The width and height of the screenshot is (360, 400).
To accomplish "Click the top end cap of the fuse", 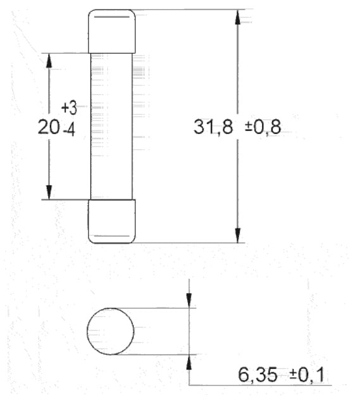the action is (111, 32).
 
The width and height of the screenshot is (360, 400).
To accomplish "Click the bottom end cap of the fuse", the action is (111, 221).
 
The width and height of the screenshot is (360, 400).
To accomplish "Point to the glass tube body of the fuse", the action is (111, 126).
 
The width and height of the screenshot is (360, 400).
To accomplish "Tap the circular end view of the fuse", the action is (110, 331).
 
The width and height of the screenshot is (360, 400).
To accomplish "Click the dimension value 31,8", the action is (213, 127).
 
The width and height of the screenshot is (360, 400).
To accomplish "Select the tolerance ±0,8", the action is (263, 127).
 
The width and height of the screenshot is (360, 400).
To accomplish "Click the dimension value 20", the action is (49, 127).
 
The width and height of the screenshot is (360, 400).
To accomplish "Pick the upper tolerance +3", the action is (69, 107).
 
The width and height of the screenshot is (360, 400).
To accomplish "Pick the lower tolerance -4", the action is (69, 131).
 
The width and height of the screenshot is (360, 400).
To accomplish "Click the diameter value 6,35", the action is (258, 375).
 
